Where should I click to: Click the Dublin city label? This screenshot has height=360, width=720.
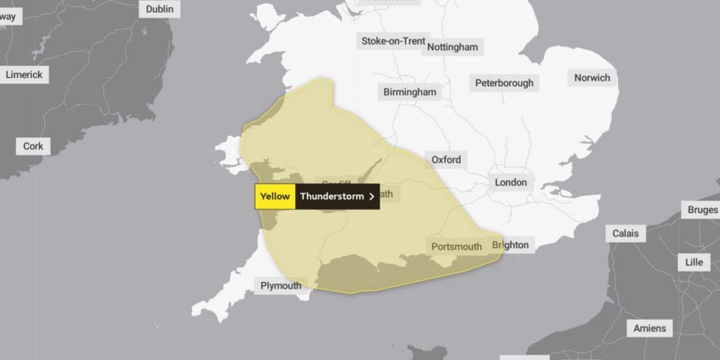tap(160, 9)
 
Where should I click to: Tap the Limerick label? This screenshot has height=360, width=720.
tap(24, 75)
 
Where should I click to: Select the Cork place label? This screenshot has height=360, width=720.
tap(33, 146)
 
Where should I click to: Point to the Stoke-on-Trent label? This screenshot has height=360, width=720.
tap(393, 41)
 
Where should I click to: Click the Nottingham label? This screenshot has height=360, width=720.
tap(454, 47)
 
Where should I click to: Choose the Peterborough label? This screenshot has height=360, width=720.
tap(504, 83)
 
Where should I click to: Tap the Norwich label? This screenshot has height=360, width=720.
tap(592, 77)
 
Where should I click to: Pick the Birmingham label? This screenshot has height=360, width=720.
tap(410, 92)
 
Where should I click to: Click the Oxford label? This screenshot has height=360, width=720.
tap(446, 160)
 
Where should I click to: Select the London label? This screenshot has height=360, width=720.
tap(510, 182)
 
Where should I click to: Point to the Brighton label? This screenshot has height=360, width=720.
tap(510, 245)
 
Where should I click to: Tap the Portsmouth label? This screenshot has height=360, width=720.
tap(456, 246)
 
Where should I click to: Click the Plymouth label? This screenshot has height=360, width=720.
tap(281, 285)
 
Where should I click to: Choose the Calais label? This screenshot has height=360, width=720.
tap(626, 233)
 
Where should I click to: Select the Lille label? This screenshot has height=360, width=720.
tap(694, 262)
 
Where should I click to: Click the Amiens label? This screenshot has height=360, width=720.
tap(649, 328)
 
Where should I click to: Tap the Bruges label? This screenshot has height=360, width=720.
tap(703, 210)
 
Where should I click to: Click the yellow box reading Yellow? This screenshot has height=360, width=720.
tap(275, 196)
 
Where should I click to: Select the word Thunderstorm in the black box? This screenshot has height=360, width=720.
tap(332, 196)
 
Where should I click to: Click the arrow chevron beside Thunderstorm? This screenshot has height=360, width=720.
tap(371, 196)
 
